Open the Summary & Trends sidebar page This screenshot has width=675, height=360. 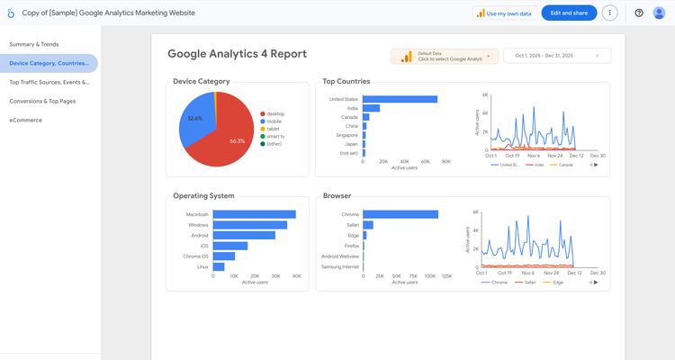click(x=33, y=44)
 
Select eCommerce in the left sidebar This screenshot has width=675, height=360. click(x=25, y=120)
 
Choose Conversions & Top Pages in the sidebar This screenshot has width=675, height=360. click(x=42, y=101)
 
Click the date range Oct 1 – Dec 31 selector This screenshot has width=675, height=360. click(x=556, y=56)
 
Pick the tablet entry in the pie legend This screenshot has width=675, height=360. click(x=274, y=129)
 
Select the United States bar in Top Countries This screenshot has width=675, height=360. click(x=400, y=99)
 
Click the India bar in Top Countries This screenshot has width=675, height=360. click(x=371, y=108)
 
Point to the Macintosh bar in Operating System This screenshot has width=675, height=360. click(x=254, y=214)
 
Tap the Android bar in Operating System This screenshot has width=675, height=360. click(x=244, y=235)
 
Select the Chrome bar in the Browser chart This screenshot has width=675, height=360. click(x=400, y=214)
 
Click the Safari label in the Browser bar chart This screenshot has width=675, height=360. click(x=350, y=225)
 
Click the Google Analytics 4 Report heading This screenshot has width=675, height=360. click(x=237, y=54)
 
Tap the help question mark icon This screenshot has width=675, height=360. click(x=639, y=13)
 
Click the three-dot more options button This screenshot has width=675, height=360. click(x=610, y=13)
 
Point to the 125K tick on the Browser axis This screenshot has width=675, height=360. click(x=445, y=276)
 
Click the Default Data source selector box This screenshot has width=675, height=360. click(x=444, y=56)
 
